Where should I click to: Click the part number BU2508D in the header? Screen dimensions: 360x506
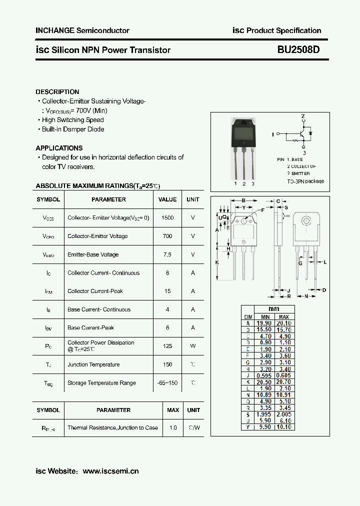click(299, 50)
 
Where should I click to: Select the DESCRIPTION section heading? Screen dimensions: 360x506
click(57, 92)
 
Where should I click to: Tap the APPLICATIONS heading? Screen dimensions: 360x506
click(59, 148)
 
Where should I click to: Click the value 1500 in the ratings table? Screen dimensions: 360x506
click(167, 218)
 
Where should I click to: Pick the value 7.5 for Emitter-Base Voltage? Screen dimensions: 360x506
click(167, 254)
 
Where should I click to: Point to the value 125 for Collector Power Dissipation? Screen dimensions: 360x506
click(167, 345)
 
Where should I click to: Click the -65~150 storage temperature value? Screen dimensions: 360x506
click(167, 383)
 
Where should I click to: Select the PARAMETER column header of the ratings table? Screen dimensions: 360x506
click(108, 199)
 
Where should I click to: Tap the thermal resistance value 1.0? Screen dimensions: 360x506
click(173, 428)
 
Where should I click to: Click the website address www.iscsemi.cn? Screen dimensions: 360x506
click(110, 471)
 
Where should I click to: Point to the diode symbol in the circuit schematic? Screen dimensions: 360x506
click(310, 133)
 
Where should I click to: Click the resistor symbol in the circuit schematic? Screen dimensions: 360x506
click(295, 141)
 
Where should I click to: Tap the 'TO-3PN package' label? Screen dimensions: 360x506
click(305, 181)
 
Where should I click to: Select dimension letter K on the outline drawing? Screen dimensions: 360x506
click(217, 262)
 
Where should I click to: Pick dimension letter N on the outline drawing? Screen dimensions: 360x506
click(306, 296)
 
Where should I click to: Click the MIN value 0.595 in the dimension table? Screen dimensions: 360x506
click(264, 375)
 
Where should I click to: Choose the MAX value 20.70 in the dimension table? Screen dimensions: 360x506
click(283, 382)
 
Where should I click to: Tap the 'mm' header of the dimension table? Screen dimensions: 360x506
click(273, 309)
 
